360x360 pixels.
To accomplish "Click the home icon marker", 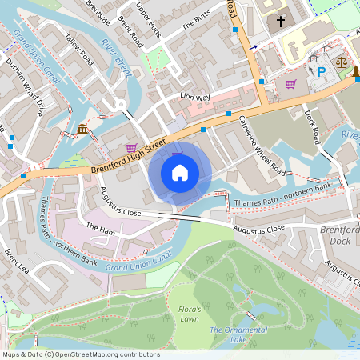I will point(180,173).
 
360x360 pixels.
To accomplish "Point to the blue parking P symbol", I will point(322,71).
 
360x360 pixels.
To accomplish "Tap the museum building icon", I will point(83,130).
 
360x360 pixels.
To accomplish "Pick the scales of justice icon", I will point(342,61).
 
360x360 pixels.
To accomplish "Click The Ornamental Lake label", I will point(238,334).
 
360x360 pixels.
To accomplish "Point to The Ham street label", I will point(101,229).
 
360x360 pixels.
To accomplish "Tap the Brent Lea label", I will point(16,262).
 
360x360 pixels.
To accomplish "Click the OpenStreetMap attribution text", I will point(80,354).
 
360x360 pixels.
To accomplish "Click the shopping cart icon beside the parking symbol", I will point(290,83).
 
